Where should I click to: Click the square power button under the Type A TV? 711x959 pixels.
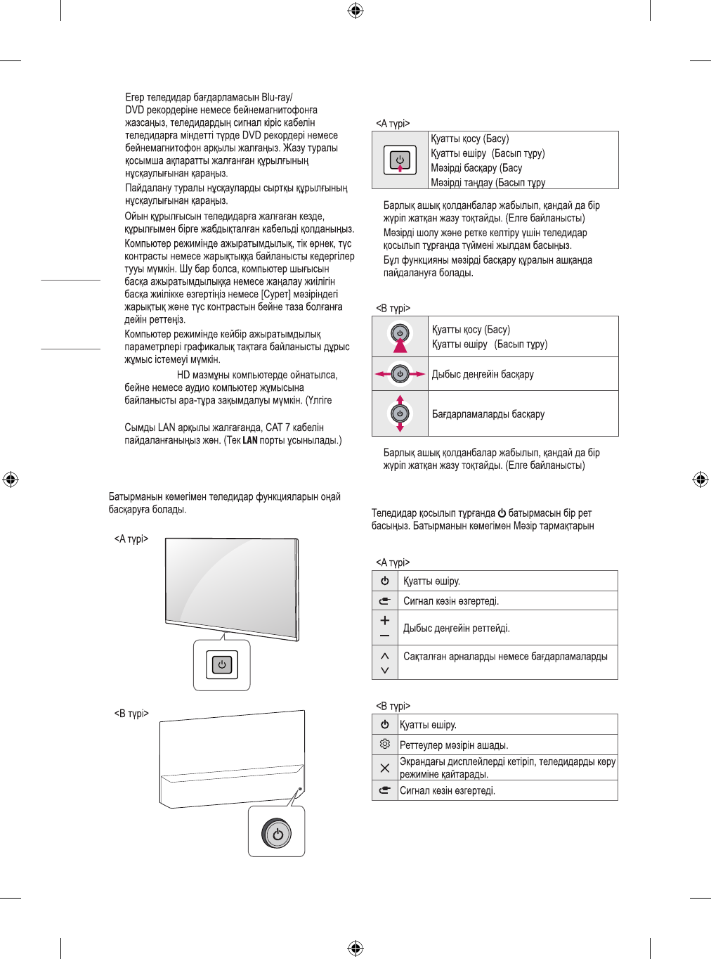coord(222,664)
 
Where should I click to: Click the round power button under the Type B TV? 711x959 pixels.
coord(277,834)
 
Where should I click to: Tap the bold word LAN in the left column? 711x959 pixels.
coord(250,441)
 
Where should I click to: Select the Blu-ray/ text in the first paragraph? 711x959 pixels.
coord(277,98)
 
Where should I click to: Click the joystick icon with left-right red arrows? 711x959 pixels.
coord(400,374)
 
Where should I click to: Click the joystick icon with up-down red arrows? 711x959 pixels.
coord(400,413)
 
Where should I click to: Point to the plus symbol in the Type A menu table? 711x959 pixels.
coord(384,621)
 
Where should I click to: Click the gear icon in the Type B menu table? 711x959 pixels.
coord(384,744)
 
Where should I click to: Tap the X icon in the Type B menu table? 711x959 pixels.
coord(384,768)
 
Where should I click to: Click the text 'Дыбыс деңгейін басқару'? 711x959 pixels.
coord(483,374)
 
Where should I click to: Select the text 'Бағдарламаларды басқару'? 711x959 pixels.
coord(488,414)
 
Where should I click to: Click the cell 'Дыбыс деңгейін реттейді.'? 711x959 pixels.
coord(457,628)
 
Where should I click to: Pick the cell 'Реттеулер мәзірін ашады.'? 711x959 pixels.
coord(454,745)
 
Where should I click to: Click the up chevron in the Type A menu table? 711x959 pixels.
coord(384,655)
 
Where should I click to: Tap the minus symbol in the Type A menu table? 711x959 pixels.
coord(384,636)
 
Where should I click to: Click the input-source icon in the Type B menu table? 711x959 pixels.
coord(384,790)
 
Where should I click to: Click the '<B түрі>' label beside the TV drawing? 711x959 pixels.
coord(131,714)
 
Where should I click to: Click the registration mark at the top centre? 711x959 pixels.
coord(355,11)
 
